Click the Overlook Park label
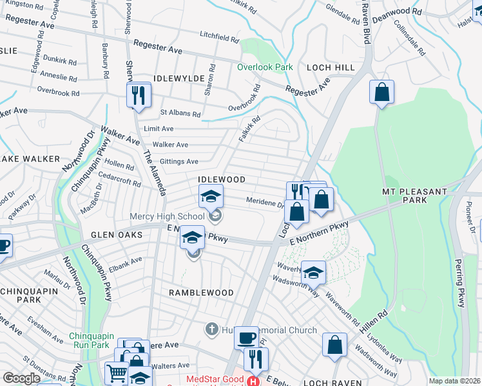(264, 67)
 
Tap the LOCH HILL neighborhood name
(331, 67)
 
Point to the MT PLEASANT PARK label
(414, 196)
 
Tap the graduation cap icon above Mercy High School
(211, 197)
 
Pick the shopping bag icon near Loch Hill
(381, 92)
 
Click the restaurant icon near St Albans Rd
(139, 96)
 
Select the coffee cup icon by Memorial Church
(246, 338)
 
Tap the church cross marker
(211, 330)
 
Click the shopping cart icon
(116, 372)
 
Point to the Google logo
(21, 378)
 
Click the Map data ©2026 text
(454, 381)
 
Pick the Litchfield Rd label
(219, 37)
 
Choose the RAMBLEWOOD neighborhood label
(201, 293)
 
